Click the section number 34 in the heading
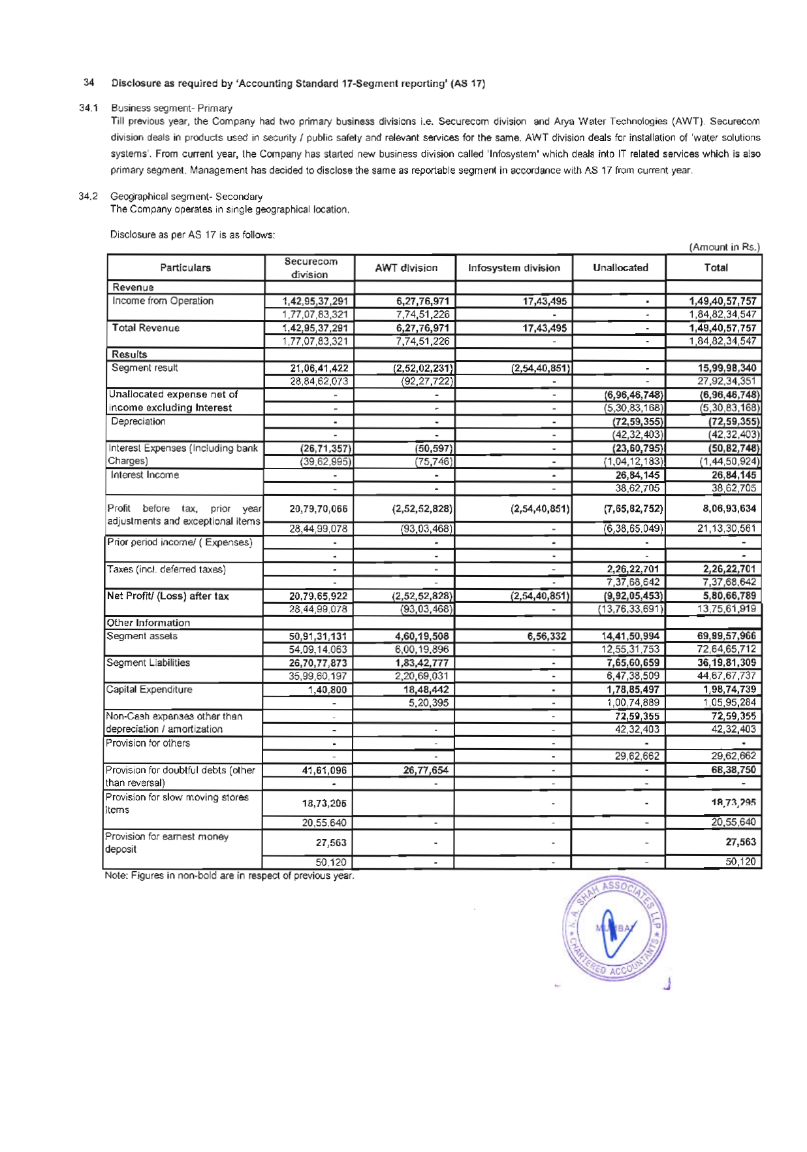tap(89, 83)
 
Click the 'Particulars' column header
tap(185, 268)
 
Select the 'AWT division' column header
tap(406, 268)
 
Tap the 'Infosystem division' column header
tap(514, 268)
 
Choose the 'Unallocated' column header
tap(620, 268)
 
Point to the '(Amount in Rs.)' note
tap(725, 247)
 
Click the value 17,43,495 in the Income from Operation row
tap(545, 301)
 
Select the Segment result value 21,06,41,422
tap(319, 368)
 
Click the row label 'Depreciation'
tap(138, 421)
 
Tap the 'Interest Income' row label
tap(145, 475)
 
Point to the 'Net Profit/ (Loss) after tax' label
tap(168, 596)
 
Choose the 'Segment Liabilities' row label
tap(148, 663)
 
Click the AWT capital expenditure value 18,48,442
tap(422, 689)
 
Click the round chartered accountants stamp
tap(614, 928)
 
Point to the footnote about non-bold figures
tap(230, 876)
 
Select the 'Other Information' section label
tap(149, 623)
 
